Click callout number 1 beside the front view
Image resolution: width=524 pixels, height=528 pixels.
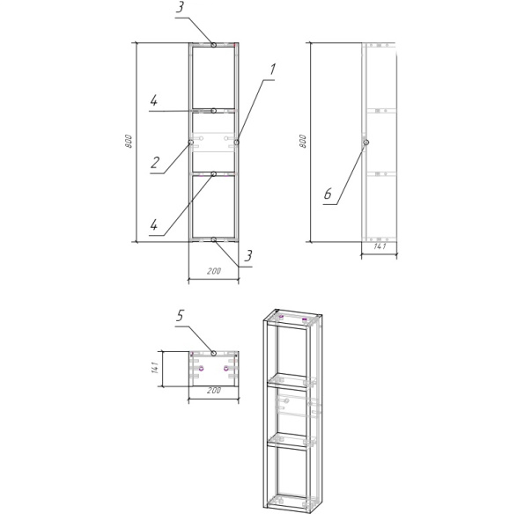click(272, 69)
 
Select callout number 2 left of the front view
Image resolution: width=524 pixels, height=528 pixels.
click(154, 162)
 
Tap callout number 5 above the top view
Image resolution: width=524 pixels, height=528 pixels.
click(180, 314)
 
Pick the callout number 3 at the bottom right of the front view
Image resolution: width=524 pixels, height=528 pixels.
click(249, 255)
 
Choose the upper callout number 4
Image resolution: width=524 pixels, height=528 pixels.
click(154, 101)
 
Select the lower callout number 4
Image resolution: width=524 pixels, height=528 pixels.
click(154, 224)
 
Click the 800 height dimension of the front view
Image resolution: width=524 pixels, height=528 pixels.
click(129, 141)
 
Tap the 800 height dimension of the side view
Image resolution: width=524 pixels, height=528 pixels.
click(304, 141)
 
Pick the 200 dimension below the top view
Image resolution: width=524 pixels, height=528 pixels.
click(213, 390)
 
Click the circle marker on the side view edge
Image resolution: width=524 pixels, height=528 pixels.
click(365, 142)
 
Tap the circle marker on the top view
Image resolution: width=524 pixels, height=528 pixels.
click(213, 353)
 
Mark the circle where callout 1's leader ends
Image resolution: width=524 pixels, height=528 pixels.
click(237, 141)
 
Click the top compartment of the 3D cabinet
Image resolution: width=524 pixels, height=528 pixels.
click(290, 352)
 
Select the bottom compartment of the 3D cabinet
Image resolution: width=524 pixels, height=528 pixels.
click(290, 475)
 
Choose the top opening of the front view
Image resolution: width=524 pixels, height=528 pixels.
click(213, 77)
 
